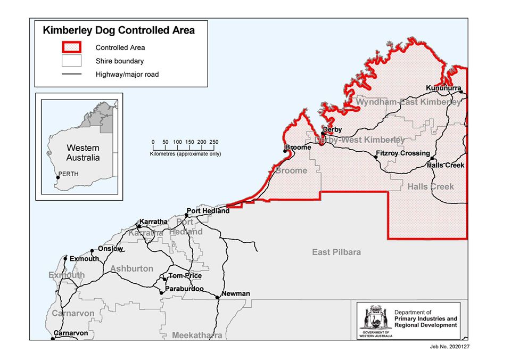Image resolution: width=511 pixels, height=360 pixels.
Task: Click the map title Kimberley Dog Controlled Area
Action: [x=118, y=30]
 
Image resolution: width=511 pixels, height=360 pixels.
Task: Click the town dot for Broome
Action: [x=285, y=151]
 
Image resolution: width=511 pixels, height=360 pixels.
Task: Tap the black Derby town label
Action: [x=332, y=129]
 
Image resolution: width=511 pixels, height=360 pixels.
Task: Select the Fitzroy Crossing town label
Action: [x=402, y=153]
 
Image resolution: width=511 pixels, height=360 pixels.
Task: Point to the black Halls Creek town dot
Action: [x=432, y=159]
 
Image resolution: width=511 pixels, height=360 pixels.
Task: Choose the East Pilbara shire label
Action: [x=336, y=252]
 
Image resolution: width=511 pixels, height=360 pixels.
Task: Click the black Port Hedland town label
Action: [x=208, y=210]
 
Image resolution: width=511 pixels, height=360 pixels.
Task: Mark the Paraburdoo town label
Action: [x=184, y=289]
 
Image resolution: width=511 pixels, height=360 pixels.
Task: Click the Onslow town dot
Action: [x=92, y=250]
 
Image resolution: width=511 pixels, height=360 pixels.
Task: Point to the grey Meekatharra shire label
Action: [x=196, y=336]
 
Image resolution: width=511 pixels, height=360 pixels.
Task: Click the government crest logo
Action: [x=375, y=320]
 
